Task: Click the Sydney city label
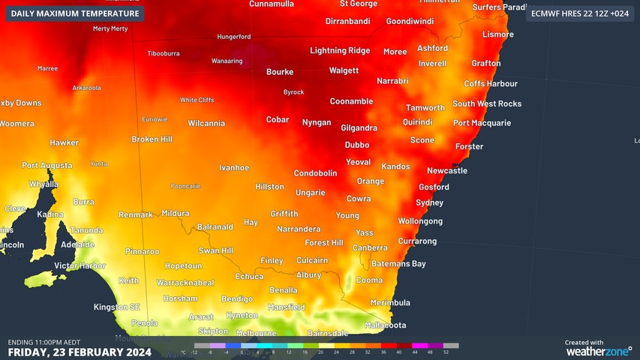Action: coord(429,202)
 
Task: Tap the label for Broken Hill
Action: coord(152,139)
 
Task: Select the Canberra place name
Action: coord(370,247)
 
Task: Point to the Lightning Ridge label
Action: coord(340,51)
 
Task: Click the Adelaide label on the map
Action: coord(78,244)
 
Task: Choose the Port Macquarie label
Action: coord(482,123)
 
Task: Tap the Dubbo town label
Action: coord(357,145)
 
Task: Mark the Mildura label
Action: coord(176,214)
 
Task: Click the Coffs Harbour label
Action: coord(491,84)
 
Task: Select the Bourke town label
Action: coord(280,72)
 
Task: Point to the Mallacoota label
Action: coord(385,325)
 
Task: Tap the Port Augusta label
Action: coord(47,165)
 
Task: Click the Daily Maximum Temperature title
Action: coord(75,13)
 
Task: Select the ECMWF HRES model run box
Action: coord(579,13)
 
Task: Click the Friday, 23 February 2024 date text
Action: coord(80,351)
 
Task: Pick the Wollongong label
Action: coord(420,221)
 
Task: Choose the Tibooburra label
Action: coord(164,54)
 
